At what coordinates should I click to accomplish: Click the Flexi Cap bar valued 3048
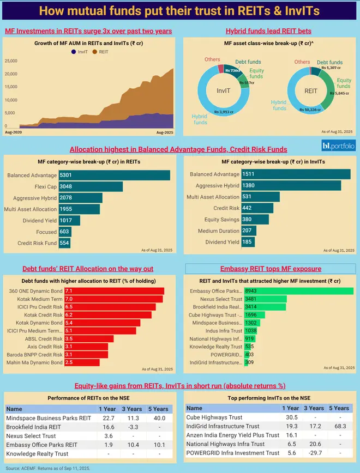coord(90,187)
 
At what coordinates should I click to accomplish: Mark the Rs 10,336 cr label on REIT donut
coord(311,110)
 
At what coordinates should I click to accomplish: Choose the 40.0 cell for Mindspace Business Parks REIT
coord(159,419)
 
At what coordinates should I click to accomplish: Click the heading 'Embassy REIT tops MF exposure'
coord(271,269)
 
